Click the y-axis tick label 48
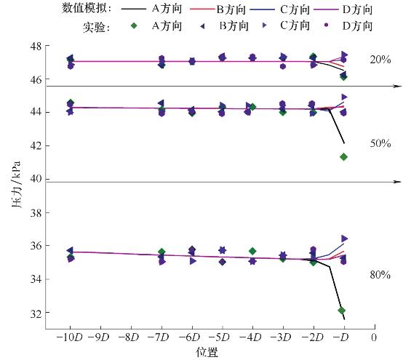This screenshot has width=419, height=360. pyautogui.click(x=35, y=45)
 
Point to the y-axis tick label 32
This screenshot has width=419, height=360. pyautogui.click(x=35, y=313)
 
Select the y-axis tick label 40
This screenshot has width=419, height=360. pyautogui.click(x=35, y=179)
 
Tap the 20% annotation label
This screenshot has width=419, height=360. pyautogui.click(x=380, y=60)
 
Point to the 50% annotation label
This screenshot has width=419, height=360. pyautogui.click(x=380, y=144)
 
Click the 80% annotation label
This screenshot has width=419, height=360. pyautogui.click(x=380, y=275)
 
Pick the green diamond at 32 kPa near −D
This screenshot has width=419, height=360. pyautogui.click(x=343, y=311)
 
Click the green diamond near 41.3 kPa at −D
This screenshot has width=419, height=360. pyautogui.click(x=343, y=156)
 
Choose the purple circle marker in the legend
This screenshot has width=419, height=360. pyautogui.click(x=327, y=26)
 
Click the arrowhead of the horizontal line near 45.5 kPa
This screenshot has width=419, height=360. pyautogui.click(x=398, y=86)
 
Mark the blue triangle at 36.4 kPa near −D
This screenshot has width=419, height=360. pyautogui.click(x=344, y=239)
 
